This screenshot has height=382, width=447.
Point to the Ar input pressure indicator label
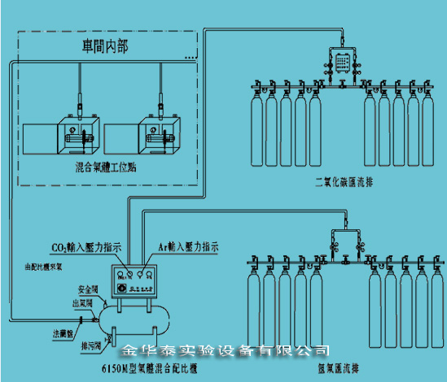(x=187, y=244)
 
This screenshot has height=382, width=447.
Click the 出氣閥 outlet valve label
(x=81, y=304)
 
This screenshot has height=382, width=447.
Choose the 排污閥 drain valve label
(x=89, y=345)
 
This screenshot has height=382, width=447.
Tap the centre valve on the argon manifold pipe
(x=343, y=261)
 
